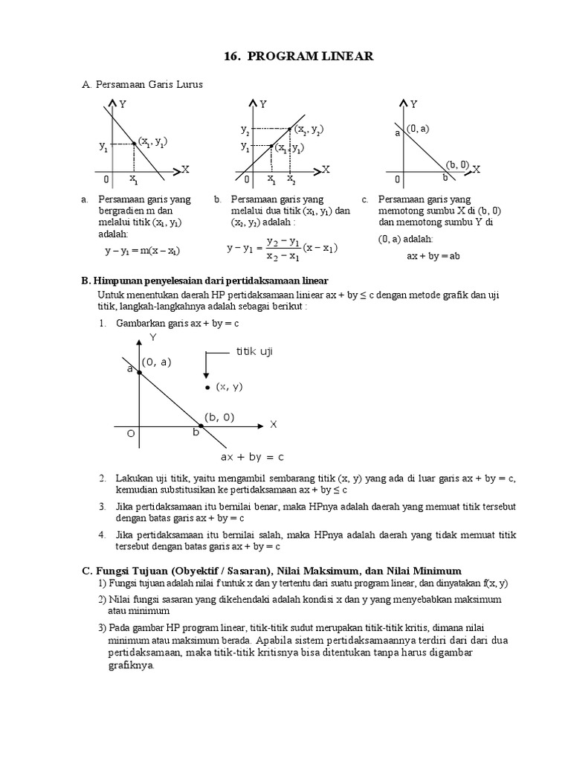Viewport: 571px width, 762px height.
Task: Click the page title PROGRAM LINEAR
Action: click(x=285, y=57)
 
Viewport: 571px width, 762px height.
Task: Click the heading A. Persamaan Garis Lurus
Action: click(x=142, y=85)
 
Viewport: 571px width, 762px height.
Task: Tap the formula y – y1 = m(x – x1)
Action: click(x=142, y=251)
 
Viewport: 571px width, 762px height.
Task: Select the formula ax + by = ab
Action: click(x=433, y=254)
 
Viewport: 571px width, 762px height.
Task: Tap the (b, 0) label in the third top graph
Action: click(x=457, y=164)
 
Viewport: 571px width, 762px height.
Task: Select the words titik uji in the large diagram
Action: click(x=254, y=351)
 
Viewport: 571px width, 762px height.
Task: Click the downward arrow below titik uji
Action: click(x=209, y=365)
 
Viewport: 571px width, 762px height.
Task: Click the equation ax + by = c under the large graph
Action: click(x=252, y=456)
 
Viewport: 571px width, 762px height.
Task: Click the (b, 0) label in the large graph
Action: click(x=219, y=417)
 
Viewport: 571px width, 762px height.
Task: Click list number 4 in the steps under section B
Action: click(x=101, y=535)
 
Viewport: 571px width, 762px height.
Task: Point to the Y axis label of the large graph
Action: click(x=153, y=337)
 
